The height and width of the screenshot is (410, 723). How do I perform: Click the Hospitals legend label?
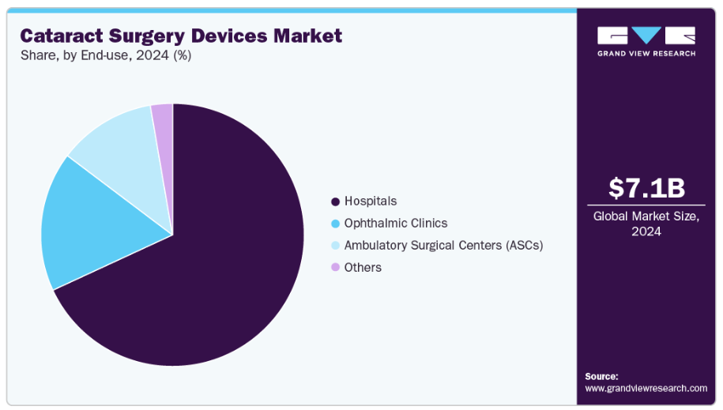pos(370,201)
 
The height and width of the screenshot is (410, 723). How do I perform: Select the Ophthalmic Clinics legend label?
pos(395,223)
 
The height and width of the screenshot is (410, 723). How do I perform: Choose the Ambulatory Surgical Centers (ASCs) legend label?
pos(443,245)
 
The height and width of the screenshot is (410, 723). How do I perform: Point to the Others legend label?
pos(363,267)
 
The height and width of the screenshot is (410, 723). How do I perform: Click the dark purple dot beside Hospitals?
pos(335,201)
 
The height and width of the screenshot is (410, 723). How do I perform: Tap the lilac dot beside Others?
pos(335,268)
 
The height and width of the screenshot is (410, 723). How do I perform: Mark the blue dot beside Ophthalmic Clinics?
pos(335,224)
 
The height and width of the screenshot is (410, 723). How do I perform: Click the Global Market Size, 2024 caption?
pos(646,224)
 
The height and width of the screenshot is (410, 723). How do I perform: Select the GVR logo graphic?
pos(646,36)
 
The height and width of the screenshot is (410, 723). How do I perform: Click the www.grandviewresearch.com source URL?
pos(646,388)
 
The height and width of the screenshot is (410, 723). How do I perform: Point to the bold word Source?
pos(601,376)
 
